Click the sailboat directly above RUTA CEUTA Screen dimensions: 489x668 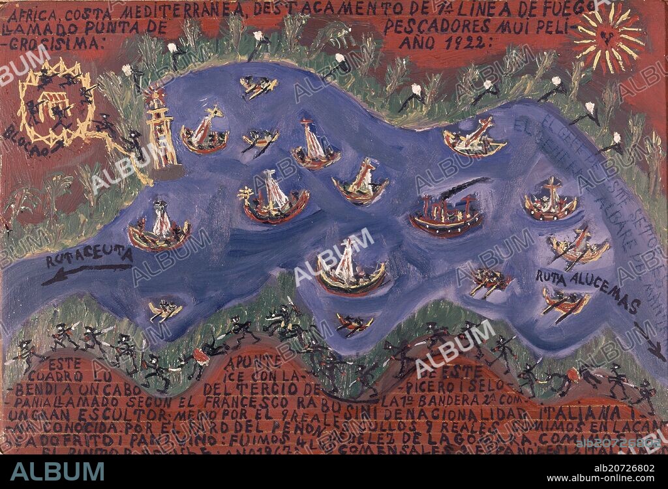[160, 228]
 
